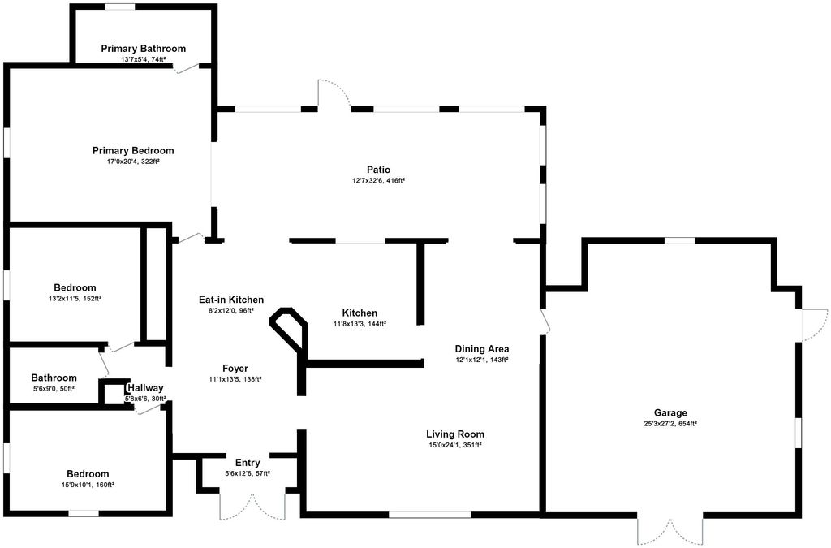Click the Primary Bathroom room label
(x=143, y=49)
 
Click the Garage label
(x=671, y=412)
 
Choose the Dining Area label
(x=481, y=349)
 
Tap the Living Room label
(x=455, y=434)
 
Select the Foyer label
(x=235, y=369)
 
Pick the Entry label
(x=248, y=463)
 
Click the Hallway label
(x=145, y=388)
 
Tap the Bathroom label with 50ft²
(x=54, y=378)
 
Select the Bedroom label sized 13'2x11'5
(x=75, y=287)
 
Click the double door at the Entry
(x=252, y=506)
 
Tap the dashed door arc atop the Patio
(x=334, y=93)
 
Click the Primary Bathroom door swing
(x=186, y=69)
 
